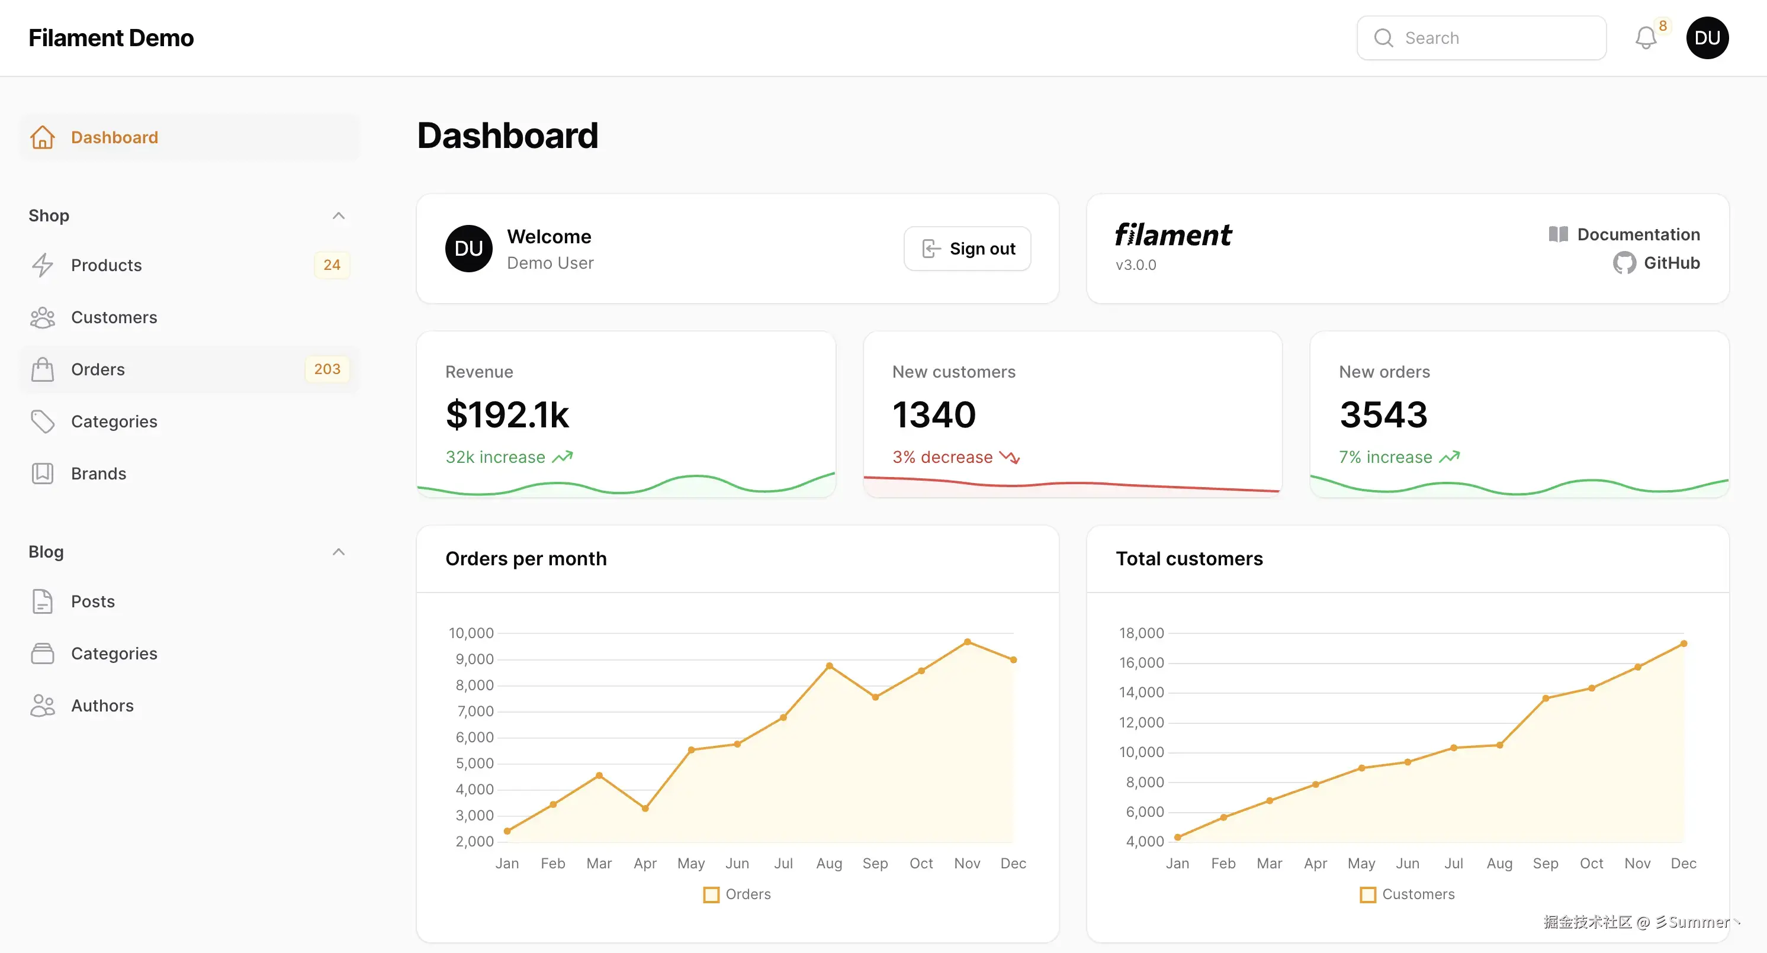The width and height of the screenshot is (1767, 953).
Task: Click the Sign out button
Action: (x=967, y=249)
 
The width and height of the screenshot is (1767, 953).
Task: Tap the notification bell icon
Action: (x=1646, y=38)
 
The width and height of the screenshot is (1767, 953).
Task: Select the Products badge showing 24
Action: (x=332, y=265)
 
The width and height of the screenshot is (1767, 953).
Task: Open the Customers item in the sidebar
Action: (x=114, y=317)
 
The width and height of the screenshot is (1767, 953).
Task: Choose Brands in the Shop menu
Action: (x=98, y=474)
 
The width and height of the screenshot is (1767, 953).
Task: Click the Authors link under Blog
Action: (x=102, y=706)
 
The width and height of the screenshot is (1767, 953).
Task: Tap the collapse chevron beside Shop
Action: (x=338, y=216)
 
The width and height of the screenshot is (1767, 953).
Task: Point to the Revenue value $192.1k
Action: (x=507, y=415)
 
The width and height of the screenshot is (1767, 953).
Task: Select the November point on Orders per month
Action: (x=967, y=642)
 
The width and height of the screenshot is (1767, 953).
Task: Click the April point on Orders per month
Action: (x=645, y=809)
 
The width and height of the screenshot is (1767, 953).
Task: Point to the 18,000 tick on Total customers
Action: (x=1142, y=633)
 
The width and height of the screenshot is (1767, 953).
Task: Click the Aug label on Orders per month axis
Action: (x=828, y=863)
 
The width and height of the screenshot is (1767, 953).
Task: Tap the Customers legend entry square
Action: (x=1368, y=895)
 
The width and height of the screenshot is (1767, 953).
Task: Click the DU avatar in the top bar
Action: (x=1707, y=38)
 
